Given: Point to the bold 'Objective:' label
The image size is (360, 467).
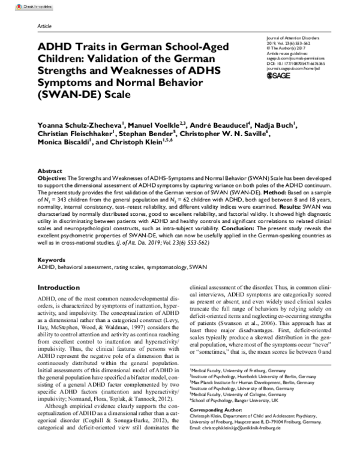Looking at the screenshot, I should [55, 179].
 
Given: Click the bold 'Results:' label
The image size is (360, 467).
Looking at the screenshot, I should [294, 205].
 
